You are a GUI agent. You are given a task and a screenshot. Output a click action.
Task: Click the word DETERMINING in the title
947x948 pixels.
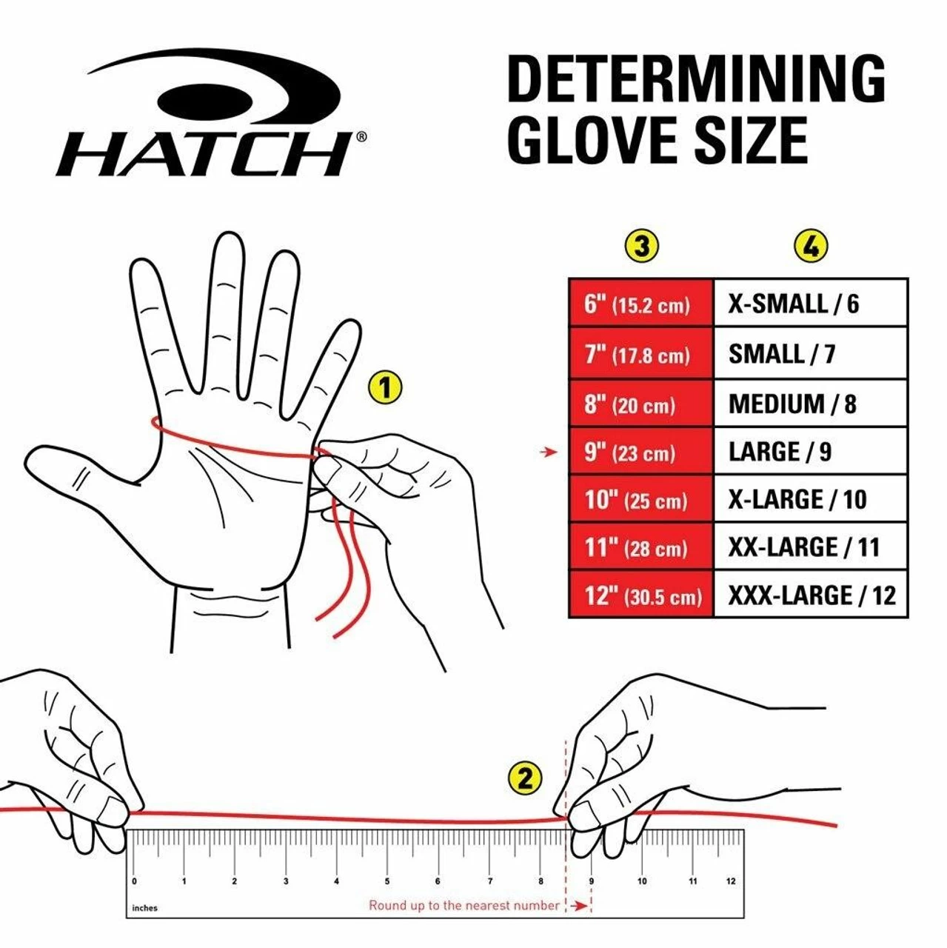click(x=695, y=79)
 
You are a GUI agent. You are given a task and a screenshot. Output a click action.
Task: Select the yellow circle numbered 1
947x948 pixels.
click(x=384, y=387)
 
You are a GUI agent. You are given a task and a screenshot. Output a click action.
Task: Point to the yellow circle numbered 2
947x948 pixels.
click(x=525, y=778)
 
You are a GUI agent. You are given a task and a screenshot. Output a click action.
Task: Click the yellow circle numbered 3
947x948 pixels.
click(x=641, y=246)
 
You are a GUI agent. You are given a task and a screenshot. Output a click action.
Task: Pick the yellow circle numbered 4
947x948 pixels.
click(x=811, y=246)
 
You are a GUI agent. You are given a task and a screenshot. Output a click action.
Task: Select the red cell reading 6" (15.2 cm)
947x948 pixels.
click(x=640, y=304)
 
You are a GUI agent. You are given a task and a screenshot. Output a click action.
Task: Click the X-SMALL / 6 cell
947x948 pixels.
click(x=810, y=304)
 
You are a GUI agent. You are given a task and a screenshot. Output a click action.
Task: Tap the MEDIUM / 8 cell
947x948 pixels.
click(x=810, y=404)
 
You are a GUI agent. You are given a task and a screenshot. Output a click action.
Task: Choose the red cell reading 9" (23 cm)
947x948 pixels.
click(x=640, y=452)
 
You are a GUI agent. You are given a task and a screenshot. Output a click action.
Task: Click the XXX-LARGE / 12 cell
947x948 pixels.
click(x=810, y=595)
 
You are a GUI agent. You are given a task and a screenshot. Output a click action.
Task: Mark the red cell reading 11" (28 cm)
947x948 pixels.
click(x=640, y=547)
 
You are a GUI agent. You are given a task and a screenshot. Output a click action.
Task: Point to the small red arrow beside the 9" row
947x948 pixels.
click(x=549, y=452)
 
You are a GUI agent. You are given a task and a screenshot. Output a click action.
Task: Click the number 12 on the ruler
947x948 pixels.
click(x=731, y=881)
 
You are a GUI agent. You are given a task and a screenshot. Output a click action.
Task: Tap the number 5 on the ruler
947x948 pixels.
click(x=387, y=881)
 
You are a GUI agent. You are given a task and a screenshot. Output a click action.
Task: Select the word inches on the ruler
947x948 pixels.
click(x=145, y=908)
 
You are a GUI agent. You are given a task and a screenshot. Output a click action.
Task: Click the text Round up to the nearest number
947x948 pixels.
click(x=464, y=905)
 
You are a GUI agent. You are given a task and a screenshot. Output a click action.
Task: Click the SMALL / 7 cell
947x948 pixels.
click(x=810, y=354)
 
